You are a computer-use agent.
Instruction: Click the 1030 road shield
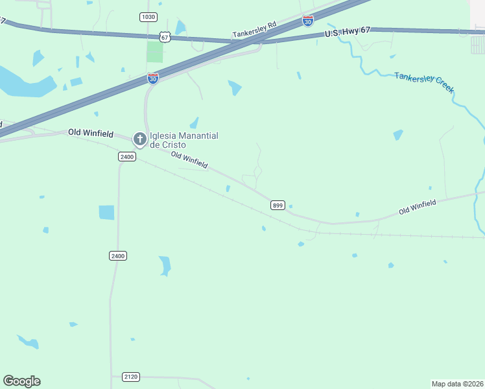tap(148, 17)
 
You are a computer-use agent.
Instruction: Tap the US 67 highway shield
tap(165, 38)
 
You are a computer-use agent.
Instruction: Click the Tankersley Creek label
tap(424, 83)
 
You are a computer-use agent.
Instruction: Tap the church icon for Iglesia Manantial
tap(139, 139)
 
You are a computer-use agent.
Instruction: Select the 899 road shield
tap(278, 206)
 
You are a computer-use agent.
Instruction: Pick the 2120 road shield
tap(131, 376)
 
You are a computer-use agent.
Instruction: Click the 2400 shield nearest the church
tap(126, 157)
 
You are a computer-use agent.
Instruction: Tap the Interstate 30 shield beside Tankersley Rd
tap(308, 21)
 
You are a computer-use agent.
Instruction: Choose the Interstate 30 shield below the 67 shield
tap(153, 79)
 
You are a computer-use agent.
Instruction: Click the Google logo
tap(21, 381)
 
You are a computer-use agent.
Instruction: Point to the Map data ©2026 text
tap(457, 384)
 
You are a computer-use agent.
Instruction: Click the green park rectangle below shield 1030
tap(154, 52)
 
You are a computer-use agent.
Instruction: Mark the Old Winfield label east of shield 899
tap(417, 207)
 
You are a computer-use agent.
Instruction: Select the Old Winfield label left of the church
tap(90, 132)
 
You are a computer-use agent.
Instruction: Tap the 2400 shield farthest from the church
tap(118, 256)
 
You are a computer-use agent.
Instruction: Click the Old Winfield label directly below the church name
tap(189, 160)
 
